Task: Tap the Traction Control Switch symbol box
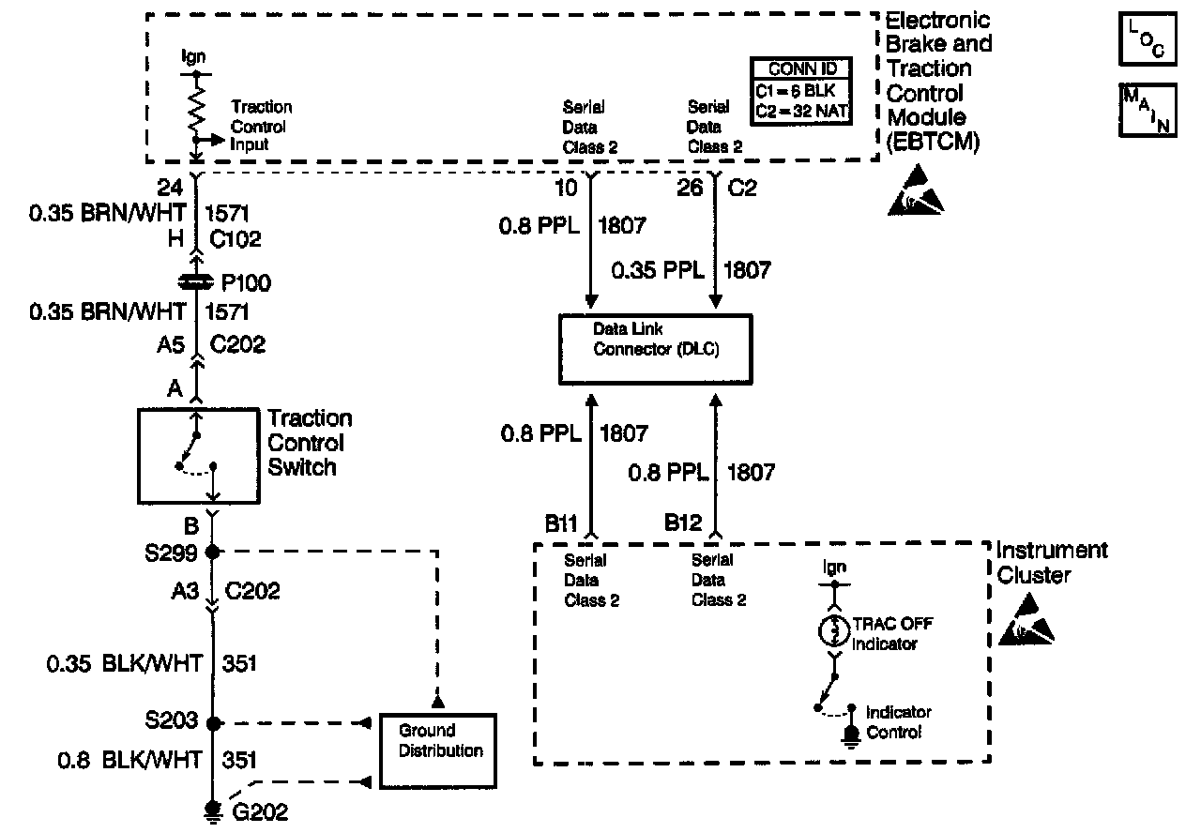(x=200, y=455)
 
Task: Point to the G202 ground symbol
(x=213, y=809)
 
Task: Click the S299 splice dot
(x=213, y=552)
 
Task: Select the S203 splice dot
(x=213, y=723)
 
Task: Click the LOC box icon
(x=1146, y=38)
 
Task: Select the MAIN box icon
(x=1146, y=110)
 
